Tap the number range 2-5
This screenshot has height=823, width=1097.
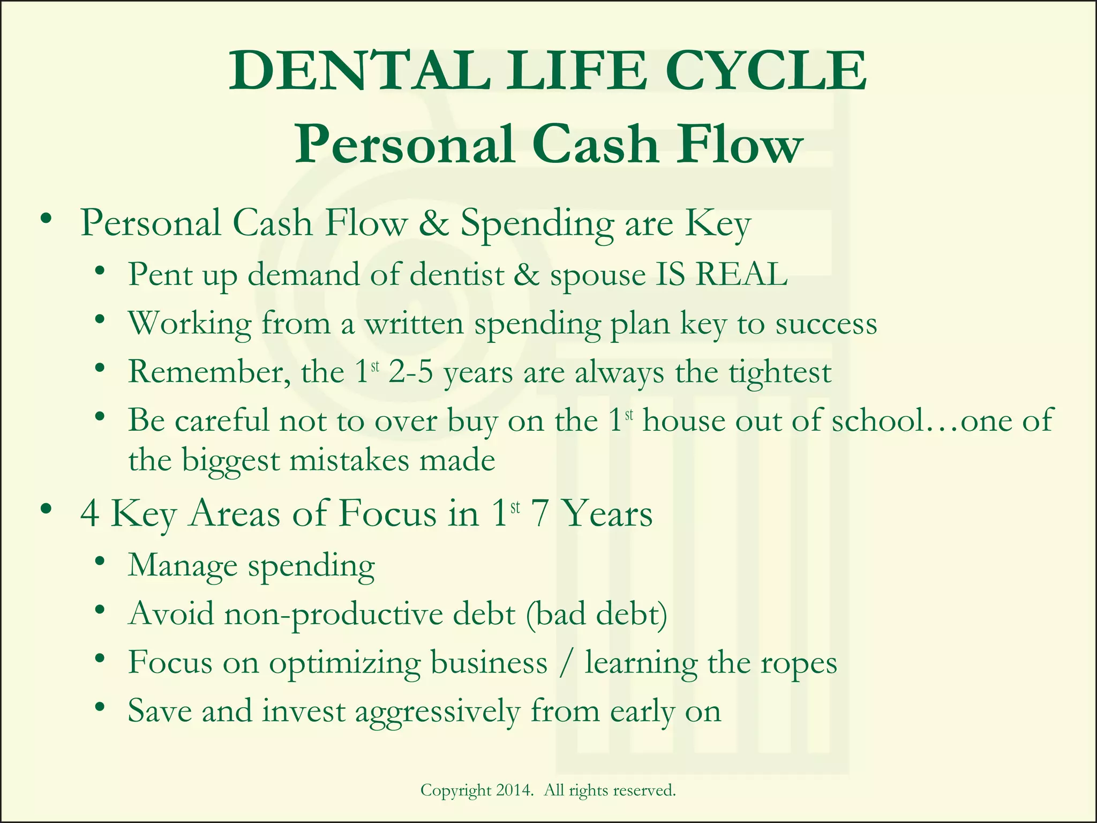tap(410, 372)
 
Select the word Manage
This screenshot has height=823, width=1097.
tap(182, 566)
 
